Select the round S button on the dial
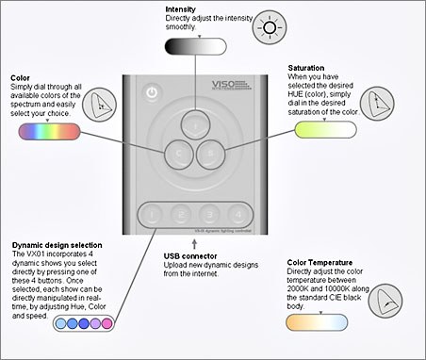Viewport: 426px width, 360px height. click(x=211, y=152)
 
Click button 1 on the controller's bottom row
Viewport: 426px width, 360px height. click(x=153, y=213)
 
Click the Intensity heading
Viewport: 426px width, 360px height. click(x=181, y=8)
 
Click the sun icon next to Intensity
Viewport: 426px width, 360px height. click(x=270, y=27)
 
